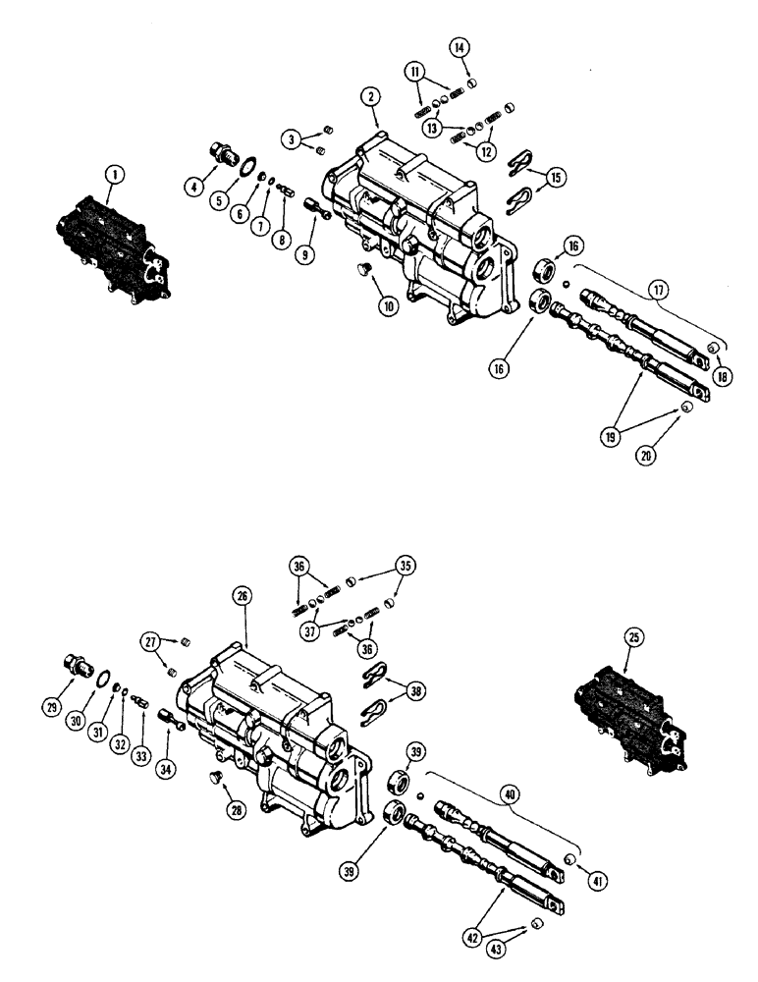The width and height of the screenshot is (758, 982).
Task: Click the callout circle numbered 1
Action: [116, 174]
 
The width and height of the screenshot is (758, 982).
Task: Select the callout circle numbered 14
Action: [460, 46]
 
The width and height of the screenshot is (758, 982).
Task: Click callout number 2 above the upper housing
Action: [369, 97]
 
